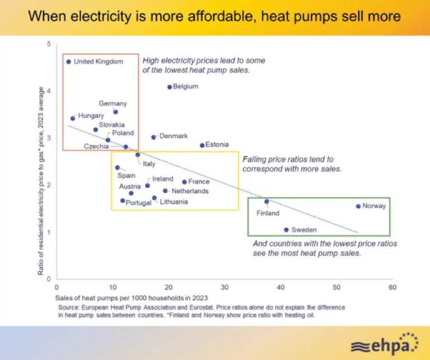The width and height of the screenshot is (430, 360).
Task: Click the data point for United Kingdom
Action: click(68, 62)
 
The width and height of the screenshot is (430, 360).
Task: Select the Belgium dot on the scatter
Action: click(170, 87)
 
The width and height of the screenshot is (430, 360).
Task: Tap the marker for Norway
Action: click(359, 206)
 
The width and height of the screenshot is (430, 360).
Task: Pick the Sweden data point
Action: click(286, 230)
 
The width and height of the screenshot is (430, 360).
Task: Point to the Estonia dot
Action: click(202, 145)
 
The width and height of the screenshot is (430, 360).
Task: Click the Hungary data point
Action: click(73, 118)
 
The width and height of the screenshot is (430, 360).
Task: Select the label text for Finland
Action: click(268, 213)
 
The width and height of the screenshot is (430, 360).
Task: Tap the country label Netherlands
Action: click(190, 191)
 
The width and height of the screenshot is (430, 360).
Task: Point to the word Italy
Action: click(149, 163)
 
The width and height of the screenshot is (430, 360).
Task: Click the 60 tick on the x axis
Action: click(392, 287)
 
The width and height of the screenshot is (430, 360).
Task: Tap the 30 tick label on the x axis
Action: click(225, 287)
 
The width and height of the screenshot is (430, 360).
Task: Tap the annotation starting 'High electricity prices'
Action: click(204, 66)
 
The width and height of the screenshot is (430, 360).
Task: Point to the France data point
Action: click(184, 182)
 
